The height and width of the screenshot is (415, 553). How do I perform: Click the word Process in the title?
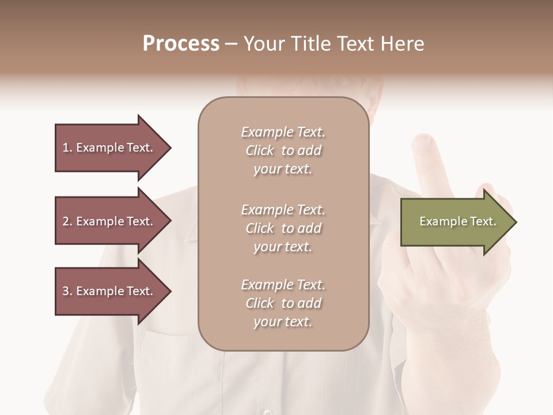click(181, 44)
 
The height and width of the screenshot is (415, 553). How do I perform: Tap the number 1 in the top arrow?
click(66, 148)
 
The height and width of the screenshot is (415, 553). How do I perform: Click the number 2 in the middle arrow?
click(66, 221)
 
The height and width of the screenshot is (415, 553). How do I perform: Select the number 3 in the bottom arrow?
click(66, 291)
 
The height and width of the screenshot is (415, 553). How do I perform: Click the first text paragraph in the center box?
click(283, 150)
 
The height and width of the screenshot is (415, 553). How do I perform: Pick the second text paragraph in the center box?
click(283, 228)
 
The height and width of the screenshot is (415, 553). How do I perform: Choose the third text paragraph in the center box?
click(283, 303)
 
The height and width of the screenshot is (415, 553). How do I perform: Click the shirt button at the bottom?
click(266, 412)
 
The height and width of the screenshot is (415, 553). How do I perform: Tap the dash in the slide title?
click(231, 44)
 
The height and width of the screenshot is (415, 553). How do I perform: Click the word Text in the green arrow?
click(483, 221)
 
